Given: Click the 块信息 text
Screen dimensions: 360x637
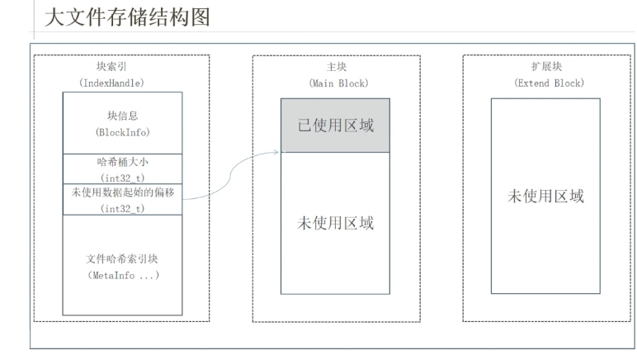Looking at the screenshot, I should tap(122, 115).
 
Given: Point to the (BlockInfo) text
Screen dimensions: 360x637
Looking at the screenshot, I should tap(122, 131).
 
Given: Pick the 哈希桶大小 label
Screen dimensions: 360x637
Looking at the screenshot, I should tap(122, 162).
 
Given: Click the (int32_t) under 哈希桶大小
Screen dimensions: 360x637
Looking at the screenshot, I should tap(122, 177).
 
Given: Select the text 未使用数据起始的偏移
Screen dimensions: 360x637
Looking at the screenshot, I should tap(122, 192).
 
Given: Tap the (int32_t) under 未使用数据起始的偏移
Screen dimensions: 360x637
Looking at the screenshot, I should tap(122, 208).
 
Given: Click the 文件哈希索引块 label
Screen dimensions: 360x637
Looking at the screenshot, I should tap(122, 258).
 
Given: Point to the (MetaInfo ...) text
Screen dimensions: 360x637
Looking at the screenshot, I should tap(122, 275).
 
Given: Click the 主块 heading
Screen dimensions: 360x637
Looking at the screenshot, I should tap(337, 67).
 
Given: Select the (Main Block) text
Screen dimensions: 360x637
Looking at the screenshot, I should tap(337, 83).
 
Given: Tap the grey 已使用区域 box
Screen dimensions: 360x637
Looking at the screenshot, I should tap(335, 126).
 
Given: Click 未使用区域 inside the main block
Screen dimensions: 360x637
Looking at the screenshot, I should tap(335, 223).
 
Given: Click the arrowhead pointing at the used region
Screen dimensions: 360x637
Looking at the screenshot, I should tap(277, 151).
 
